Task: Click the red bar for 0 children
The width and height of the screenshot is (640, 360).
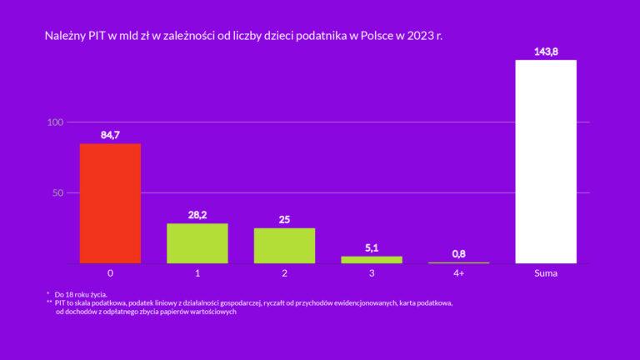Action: pos(110,203)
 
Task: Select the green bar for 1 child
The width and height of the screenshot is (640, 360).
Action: pos(197,243)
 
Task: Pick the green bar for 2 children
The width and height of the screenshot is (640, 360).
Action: pos(284,246)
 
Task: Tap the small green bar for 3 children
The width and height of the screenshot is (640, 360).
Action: pos(372,259)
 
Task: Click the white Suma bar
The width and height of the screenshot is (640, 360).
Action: pos(546,162)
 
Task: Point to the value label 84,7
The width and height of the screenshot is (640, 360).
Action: pos(110,135)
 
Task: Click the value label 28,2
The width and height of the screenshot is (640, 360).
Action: pos(197,215)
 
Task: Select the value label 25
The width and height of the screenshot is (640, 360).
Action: pos(284,220)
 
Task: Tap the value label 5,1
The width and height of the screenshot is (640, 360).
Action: pos(372,247)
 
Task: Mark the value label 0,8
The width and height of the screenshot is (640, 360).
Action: pos(458,253)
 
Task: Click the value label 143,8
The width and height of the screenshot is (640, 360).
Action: pos(546,52)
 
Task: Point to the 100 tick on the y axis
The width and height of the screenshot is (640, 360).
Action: pos(56,122)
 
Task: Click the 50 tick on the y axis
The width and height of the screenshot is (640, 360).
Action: pos(58,192)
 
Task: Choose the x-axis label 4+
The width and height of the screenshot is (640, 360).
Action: pos(458,273)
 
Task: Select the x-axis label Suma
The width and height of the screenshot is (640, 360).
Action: pos(546,273)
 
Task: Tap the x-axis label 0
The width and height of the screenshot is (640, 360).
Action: pos(110,273)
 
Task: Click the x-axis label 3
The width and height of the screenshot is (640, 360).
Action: pos(372,273)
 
